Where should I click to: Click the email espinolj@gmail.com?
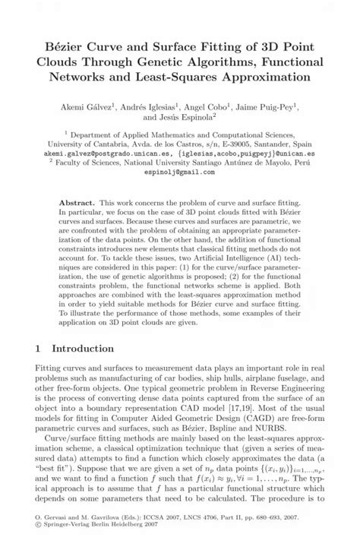click(x=180, y=172)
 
